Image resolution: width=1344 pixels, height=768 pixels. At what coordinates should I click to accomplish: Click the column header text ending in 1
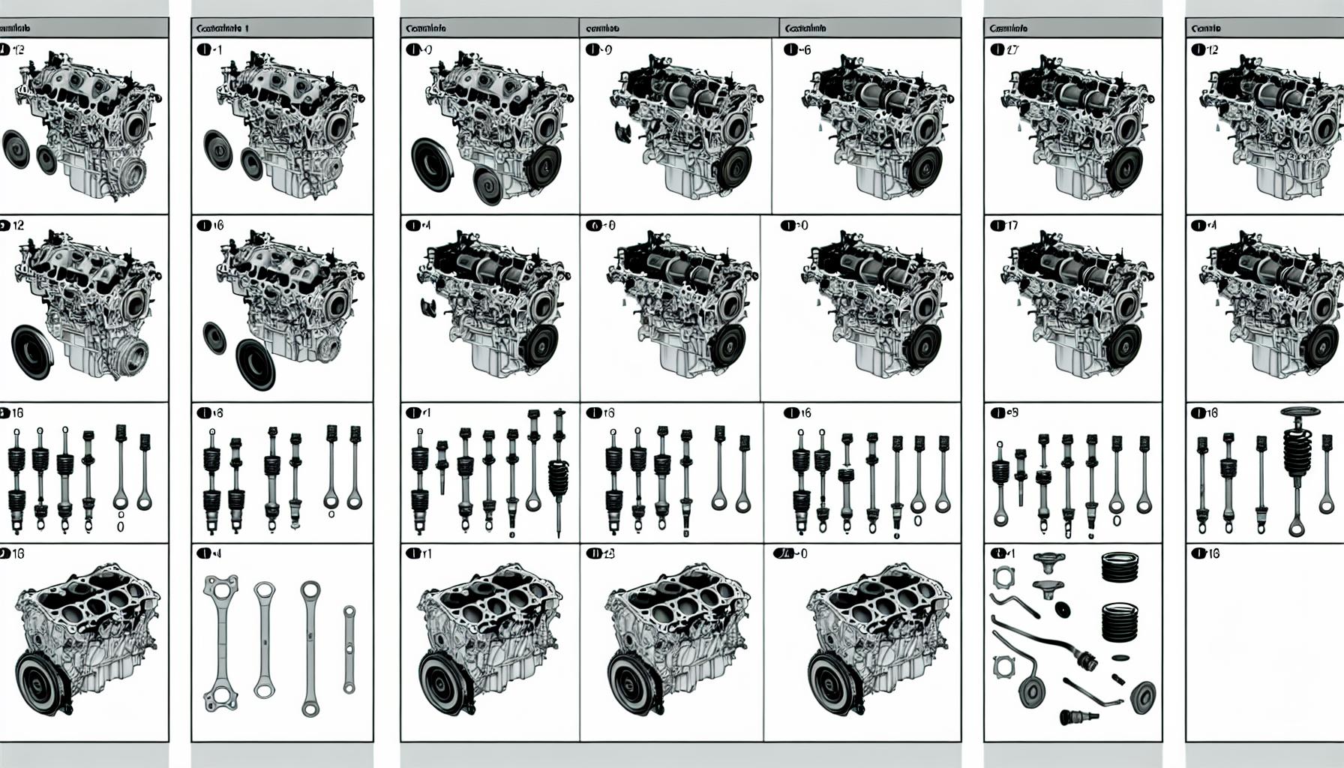tap(222, 28)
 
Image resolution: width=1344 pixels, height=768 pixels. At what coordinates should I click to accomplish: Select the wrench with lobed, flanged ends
tap(221, 644)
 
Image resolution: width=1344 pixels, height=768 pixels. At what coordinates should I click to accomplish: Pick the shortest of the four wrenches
tap(349, 649)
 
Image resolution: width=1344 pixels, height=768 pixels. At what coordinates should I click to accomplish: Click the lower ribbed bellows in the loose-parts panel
tap(1120, 622)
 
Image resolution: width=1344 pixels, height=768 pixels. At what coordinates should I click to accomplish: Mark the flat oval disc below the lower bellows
tap(1119, 658)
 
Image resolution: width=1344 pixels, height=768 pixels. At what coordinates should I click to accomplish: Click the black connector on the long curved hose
tap(1083, 659)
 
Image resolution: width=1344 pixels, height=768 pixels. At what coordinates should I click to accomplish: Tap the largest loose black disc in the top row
tap(432, 165)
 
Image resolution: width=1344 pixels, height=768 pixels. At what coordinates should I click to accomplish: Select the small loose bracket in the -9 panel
tap(623, 133)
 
